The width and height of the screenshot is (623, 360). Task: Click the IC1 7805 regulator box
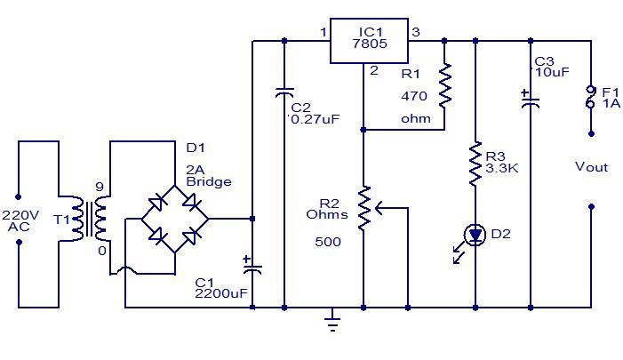click(x=369, y=40)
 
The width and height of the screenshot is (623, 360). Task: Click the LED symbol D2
click(x=475, y=236)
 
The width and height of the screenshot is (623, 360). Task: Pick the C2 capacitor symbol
click(x=284, y=92)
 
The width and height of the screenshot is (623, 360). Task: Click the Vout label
click(x=592, y=167)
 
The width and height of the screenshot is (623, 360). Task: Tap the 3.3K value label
click(x=501, y=167)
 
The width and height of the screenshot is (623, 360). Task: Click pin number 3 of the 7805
click(x=415, y=33)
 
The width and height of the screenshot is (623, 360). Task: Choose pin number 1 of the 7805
click(x=323, y=33)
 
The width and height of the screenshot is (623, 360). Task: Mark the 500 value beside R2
click(x=328, y=241)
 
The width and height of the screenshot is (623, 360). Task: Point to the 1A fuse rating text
click(x=611, y=103)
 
